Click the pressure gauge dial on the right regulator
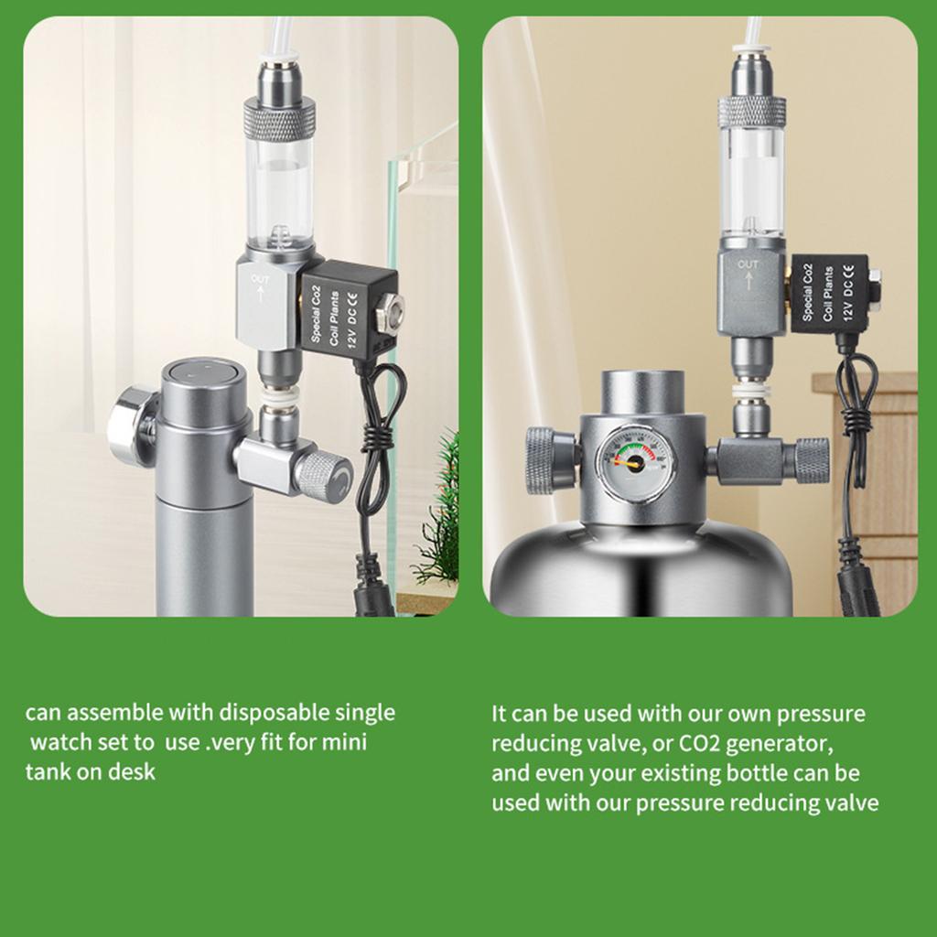point(630,464)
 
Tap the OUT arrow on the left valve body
point(260,295)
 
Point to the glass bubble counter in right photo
point(751,184)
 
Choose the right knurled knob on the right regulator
point(813,460)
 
